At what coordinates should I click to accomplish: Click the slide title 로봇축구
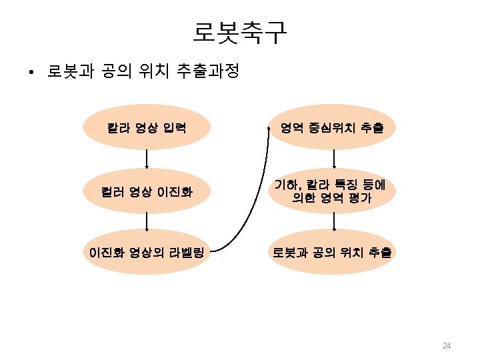click(240, 32)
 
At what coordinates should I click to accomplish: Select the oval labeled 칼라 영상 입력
click(147, 127)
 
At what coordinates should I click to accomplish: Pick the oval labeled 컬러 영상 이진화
click(147, 192)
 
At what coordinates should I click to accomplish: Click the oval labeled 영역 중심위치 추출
click(331, 127)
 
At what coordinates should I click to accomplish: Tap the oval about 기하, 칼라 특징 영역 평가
click(331, 191)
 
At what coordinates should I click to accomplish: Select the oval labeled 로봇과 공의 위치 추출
click(331, 252)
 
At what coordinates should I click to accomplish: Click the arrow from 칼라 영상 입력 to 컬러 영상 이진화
click(147, 159)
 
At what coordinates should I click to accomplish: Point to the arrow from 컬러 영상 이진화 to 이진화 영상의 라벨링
click(147, 222)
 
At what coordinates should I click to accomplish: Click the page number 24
click(447, 345)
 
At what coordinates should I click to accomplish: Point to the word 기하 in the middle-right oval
click(283, 184)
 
